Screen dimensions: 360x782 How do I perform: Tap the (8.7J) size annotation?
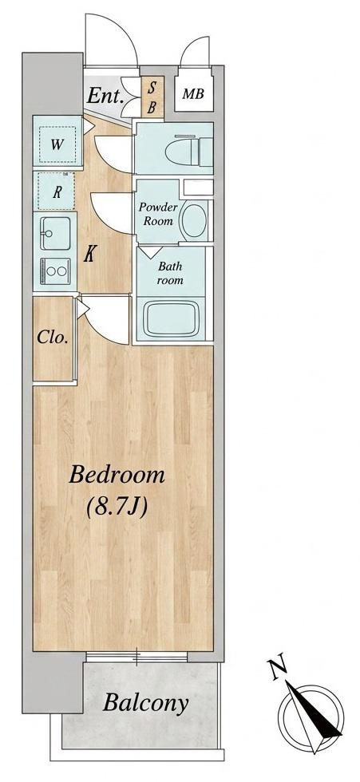(117, 508)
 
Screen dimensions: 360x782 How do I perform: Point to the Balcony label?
(145, 703)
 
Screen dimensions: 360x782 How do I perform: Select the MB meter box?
(193, 93)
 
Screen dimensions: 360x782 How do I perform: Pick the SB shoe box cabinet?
(152, 97)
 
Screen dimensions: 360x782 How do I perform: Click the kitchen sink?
(54, 233)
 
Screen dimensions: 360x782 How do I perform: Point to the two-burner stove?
(54, 271)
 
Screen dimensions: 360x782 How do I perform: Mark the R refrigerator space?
(57, 192)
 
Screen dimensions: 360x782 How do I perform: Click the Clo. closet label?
(53, 338)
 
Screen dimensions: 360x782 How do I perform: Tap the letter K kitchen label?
(89, 255)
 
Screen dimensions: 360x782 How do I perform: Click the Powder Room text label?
(158, 214)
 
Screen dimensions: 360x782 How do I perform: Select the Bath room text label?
(169, 274)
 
